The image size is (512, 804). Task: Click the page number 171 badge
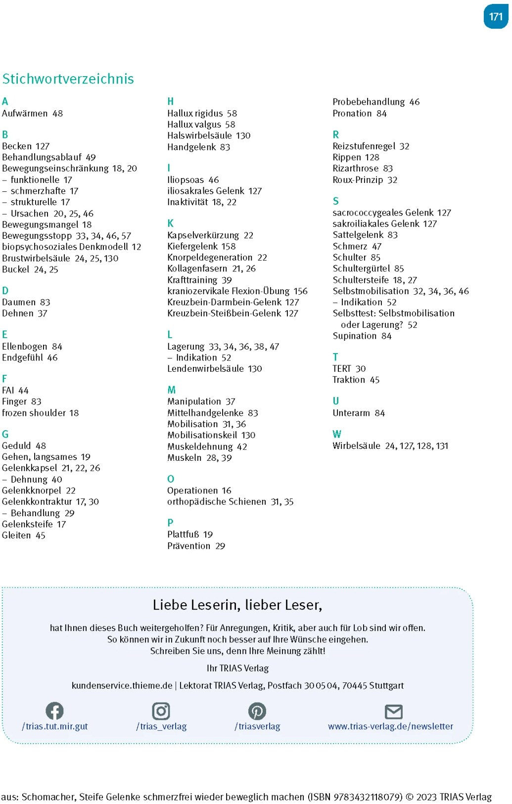(495, 17)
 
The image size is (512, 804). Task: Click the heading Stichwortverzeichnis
(68, 79)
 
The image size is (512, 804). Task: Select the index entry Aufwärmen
(25, 113)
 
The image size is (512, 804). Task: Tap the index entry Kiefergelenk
(192, 246)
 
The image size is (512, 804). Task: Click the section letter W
(337, 434)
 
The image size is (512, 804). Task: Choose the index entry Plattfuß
(183, 535)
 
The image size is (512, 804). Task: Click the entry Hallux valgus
(194, 125)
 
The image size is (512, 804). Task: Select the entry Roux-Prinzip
(358, 180)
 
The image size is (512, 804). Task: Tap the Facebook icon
(54, 711)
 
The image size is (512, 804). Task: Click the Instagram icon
(161, 711)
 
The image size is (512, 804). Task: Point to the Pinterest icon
(257, 711)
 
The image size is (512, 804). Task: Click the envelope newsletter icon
(393, 712)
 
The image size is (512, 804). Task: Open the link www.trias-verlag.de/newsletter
(390, 726)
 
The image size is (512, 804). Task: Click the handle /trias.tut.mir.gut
(55, 726)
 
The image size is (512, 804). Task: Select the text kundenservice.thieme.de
(122, 686)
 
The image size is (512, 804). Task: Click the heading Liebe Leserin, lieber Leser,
(237, 605)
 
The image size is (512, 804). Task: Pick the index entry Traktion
(349, 380)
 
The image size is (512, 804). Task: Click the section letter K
(171, 223)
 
